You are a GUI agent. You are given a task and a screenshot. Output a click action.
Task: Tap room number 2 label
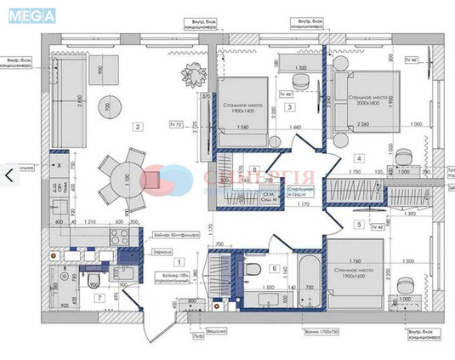coord(136,128)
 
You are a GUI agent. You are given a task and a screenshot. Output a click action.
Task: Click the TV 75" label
coord(178,124)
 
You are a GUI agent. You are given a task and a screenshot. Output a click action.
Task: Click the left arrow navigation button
coord(9,174)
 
